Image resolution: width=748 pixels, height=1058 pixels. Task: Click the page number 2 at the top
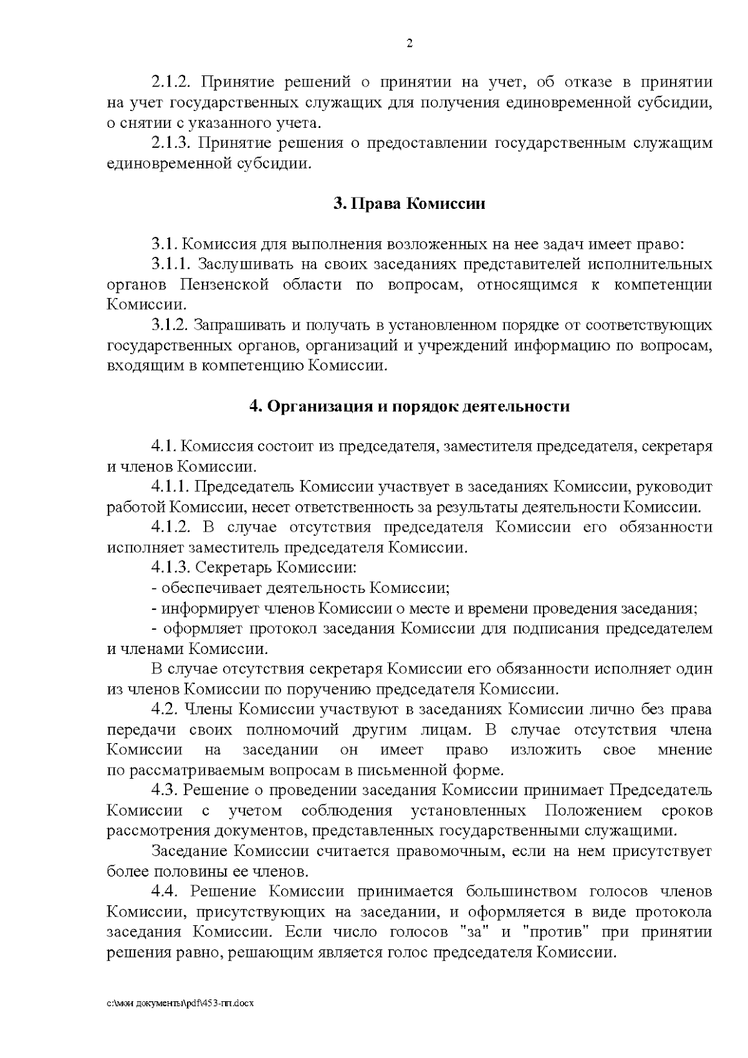click(410, 44)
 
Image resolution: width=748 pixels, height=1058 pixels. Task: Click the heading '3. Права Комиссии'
click(409, 204)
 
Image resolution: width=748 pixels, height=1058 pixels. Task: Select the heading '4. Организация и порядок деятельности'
click(409, 406)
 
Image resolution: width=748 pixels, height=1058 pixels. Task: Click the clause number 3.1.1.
click(170, 264)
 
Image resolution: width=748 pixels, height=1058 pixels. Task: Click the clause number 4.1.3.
click(170, 568)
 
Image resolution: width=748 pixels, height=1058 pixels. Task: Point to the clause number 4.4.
click(165, 892)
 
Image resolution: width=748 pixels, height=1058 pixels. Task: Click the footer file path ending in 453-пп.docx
click(181, 1003)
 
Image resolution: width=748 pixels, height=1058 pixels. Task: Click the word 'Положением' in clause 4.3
click(593, 810)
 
